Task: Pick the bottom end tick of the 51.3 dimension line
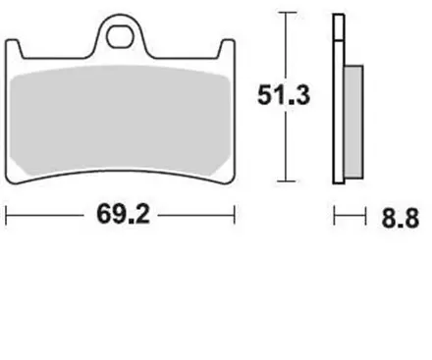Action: click(285, 180)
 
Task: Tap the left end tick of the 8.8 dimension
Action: click(335, 215)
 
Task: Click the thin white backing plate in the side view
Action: click(339, 98)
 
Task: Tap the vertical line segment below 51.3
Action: click(285, 147)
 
